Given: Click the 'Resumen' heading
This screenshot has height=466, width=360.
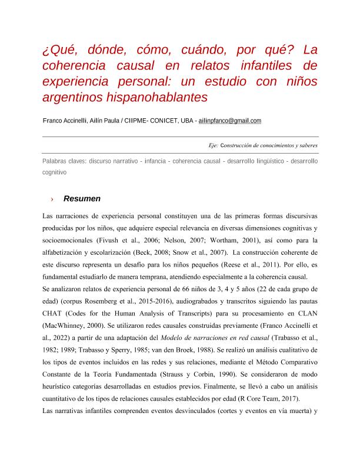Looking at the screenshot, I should click(x=82, y=199).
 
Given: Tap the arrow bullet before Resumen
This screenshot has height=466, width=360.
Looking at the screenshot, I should click(x=52, y=199).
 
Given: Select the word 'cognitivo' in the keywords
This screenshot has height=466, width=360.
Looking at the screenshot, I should click(x=54, y=172).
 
